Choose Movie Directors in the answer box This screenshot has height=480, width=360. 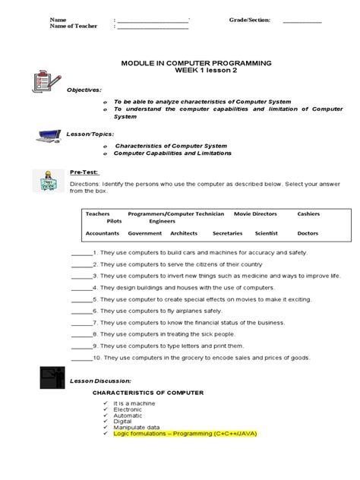[255, 214]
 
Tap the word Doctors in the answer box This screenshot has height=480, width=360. [308, 233]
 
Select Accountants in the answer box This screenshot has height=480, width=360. [103, 233]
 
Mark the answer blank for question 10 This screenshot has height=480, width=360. [80, 357]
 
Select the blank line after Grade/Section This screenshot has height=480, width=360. [302, 21]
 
